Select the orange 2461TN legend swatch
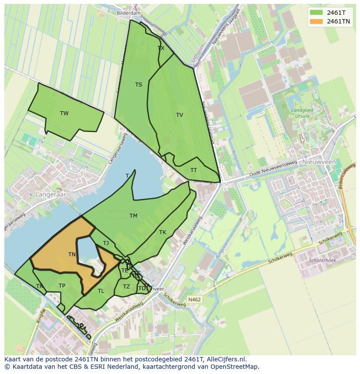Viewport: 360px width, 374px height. click(316, 21)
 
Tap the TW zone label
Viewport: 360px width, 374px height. click(64, 113)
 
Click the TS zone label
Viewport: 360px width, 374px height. click(138, 85)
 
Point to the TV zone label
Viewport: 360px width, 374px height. click(180, 115)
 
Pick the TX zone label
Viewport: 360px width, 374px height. click(161, 48)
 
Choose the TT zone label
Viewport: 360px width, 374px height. click(193, 170)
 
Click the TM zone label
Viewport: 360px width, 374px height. click(133, 216)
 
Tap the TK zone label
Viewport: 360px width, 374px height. click(163, 232)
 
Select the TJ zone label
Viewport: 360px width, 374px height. click(106, 243)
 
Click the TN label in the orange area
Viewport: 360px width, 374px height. click(72, 255)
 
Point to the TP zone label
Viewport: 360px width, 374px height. click(62, 286)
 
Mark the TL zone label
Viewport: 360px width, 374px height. click(101, 291)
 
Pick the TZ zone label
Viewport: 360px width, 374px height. click(127, 287)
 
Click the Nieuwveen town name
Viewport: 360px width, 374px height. click(319, 162)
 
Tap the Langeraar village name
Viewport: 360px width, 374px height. click(51, 195)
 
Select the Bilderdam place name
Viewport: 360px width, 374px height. click(129, 13)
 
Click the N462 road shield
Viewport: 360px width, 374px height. click(194, 299)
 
